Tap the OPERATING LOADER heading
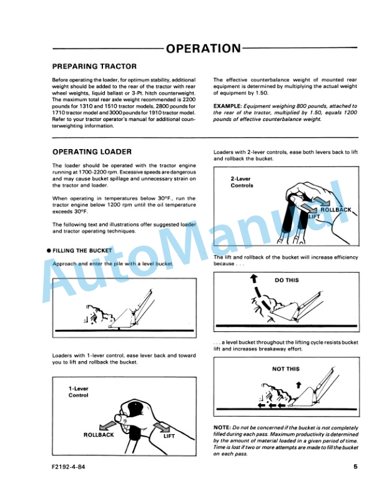[x=92, y=152]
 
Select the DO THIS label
[x=286, y=281]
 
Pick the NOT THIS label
[x=286, y=369]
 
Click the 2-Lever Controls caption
[x=242, y=182]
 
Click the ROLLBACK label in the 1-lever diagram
[x=99, y=435]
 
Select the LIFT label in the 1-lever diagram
[x=169, y=435]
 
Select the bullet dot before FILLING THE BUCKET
[x=49, y=251]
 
